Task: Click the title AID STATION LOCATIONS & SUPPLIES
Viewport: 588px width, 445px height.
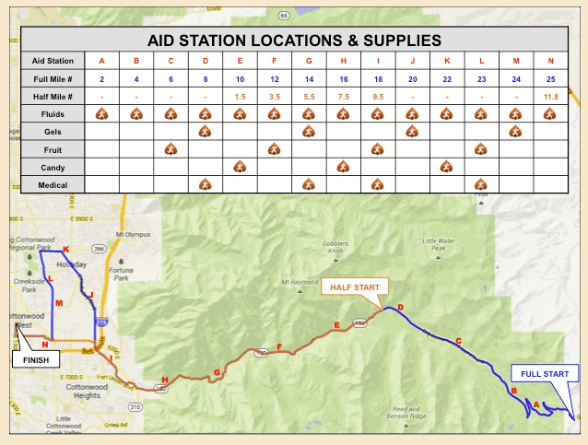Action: click(x=294, y=41)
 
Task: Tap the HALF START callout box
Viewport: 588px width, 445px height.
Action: click(x=355, y=287)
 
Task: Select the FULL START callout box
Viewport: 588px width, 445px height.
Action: click(x=545, y=374)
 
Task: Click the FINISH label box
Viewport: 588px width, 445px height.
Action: click(x=38, y=359)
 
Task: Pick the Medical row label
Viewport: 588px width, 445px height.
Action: click(x=53, y=184)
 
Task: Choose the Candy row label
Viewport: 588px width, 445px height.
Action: click(x=53, y=167)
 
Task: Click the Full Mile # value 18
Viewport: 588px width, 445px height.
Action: click(x=377, y=79)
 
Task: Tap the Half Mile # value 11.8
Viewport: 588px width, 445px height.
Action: click(x=549, y=97)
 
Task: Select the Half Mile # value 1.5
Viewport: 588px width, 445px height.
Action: click(x=239, y=97)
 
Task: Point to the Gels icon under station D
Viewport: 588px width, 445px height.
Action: click(x=205, y=132)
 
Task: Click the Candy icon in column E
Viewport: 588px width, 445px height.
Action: click(x=239, y=167)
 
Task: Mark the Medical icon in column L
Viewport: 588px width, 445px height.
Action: click(x=480, y=184)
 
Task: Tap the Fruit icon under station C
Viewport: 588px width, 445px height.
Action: click(x=170, y=149)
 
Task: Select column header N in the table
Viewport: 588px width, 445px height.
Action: click(x=549, y=62)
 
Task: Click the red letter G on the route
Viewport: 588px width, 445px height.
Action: click(x=217, y=372)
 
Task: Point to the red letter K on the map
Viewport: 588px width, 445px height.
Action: click(x=65, y=249)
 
